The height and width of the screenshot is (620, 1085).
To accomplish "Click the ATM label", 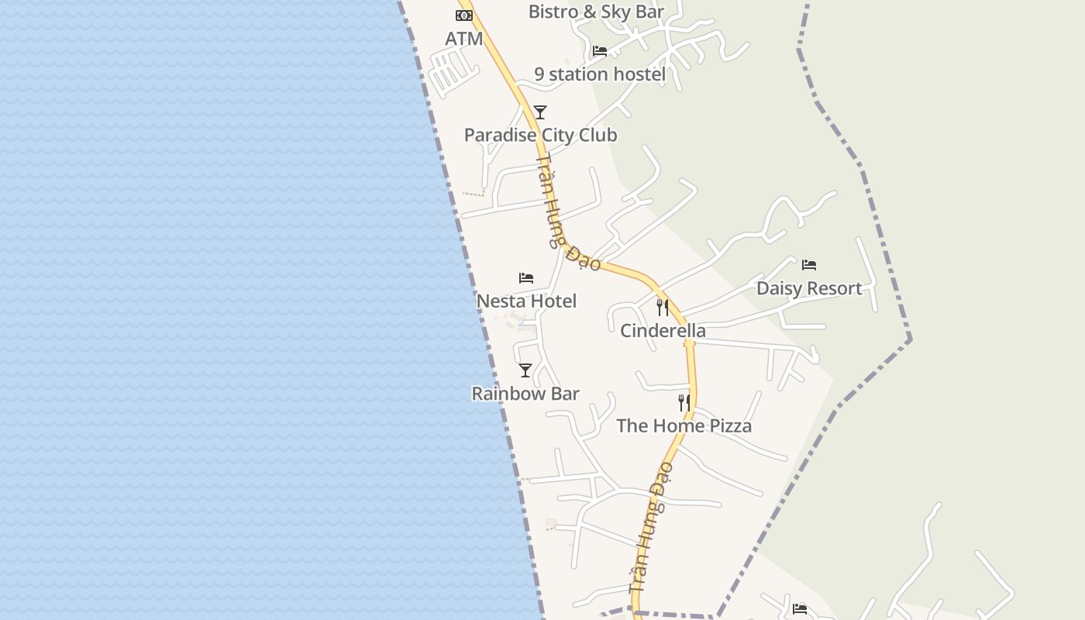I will pos(464,39).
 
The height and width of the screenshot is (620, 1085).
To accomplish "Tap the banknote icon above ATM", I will pos(464,15).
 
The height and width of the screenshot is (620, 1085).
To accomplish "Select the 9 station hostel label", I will pos(600,74).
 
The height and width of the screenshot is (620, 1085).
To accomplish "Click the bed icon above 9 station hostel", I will pos(600,51).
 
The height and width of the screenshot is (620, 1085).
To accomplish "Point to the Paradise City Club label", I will pos(540,135).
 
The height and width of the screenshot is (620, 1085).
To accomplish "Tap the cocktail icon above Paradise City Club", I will pos(540,112).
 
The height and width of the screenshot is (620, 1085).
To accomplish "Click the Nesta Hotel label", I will pos(526,301).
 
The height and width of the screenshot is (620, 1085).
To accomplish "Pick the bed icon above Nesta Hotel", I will pos(526,277).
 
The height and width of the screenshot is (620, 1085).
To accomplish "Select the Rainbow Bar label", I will pos(525,394).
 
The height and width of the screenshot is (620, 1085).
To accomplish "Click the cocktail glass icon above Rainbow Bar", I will pos(525,370).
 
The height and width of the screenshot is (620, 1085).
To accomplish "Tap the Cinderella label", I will pos(663,331).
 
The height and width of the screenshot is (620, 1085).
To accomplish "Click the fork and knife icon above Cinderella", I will pos(663,308).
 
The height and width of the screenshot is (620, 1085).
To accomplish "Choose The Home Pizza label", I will pos(684,425).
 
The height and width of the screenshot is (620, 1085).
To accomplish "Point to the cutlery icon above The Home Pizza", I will pos(684,403).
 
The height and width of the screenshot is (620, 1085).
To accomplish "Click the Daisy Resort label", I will pos(809,288).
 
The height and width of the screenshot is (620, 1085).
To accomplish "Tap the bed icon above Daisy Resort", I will pos(809,265).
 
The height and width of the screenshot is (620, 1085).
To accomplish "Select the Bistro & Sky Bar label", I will pos(596,12).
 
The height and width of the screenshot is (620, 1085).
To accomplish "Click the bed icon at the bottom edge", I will pos(801,609).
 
